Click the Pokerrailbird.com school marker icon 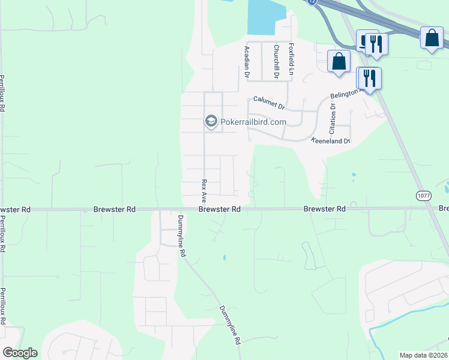(211, 121)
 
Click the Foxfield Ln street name (291, 59)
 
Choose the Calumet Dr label (268, 103)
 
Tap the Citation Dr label (332, 118)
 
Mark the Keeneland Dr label (330, 141)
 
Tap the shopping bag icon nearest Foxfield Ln (339, 61)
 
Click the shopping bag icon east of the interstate (432, 38)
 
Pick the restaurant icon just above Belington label (369, 78)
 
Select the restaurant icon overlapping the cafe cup (376, 43)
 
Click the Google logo (20, 353)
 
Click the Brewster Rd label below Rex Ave (220, 209)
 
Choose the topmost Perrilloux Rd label (2, 93)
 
